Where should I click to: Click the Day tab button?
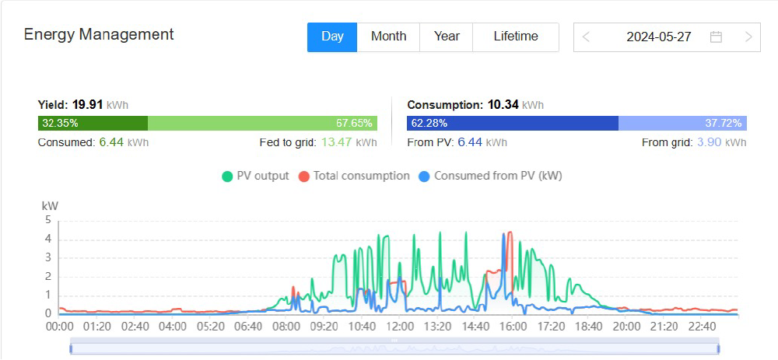pos(332,37)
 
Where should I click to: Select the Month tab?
pos(388,37)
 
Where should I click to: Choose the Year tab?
pos(447,37)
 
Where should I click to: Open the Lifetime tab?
pos(515,37)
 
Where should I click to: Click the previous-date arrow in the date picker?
pos(586,37)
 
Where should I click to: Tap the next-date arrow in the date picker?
pos(748,37)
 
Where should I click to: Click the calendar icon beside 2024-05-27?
pos(716,37)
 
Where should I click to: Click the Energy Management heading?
pos(99,34)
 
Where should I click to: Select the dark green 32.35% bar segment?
pos(93,123)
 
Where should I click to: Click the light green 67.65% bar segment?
pos(262,123)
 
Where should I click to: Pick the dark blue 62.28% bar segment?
pos(512,123)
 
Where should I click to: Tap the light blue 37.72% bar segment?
pos(682,123)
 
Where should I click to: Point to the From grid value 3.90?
pos(709,142)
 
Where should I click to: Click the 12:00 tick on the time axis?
pos(401,327)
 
